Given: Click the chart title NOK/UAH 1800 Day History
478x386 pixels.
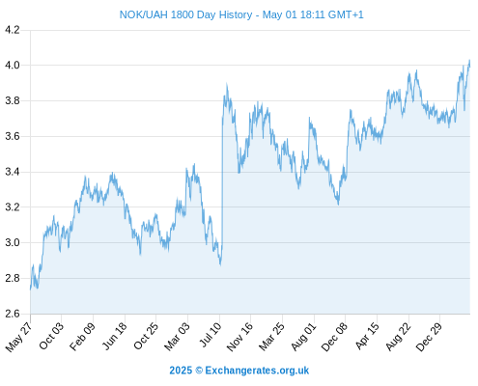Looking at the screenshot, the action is tap(185, 14).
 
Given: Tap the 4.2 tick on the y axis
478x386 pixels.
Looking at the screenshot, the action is tap(13, 30).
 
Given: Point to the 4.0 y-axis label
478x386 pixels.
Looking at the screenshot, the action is tap(13, 66).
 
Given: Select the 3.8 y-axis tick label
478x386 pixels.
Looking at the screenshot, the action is tap(13, 101).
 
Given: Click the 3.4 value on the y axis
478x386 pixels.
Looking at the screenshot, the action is tap(13, 172).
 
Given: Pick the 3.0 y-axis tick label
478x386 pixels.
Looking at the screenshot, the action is tap(13, 243).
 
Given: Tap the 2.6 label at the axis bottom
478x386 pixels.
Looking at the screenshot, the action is tap(13, 314).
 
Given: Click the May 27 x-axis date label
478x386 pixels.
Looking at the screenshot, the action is tap(18, 337).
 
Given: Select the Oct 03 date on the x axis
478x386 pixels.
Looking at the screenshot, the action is tap(51, 336).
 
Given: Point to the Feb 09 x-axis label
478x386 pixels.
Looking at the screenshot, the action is tap(82, 336).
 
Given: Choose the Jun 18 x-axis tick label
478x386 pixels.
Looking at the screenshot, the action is tap(114, 336).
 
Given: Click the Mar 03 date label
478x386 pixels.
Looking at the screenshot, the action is tap(177, 336).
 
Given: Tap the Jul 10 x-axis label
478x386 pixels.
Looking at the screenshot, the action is tap(211, 335).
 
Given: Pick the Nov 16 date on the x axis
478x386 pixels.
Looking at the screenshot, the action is tap(239, 337).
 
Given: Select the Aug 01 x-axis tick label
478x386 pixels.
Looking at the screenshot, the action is tap(303, 336).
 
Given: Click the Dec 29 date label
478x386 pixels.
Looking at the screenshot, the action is tap(429, 337).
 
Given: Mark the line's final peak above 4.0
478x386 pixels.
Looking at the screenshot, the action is tap(469, 60).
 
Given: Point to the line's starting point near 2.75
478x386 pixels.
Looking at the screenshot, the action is tap(31, 289).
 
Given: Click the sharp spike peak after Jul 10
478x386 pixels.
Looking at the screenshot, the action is tap(227, 84).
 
